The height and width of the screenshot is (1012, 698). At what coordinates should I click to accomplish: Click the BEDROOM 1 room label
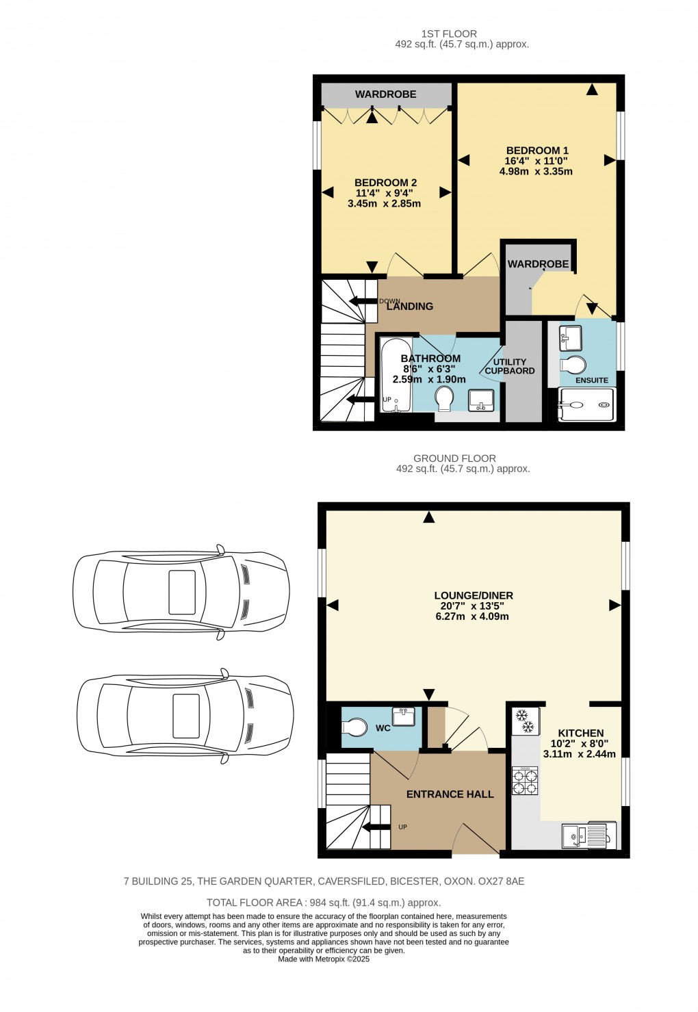537,151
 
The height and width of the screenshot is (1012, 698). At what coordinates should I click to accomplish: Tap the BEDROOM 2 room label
385,183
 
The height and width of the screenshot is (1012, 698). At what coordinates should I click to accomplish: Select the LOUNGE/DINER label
474,595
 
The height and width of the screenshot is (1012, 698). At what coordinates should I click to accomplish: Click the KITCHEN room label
580,733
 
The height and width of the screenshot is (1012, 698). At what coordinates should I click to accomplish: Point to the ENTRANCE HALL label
450,794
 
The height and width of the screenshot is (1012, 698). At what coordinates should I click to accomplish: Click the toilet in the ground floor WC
356,726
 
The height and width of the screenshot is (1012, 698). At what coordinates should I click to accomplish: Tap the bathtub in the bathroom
395,376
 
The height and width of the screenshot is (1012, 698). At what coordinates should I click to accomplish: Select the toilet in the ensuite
573,364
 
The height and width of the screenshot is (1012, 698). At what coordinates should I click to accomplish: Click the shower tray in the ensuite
586,404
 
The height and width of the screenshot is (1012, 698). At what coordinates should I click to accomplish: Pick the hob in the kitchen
525,781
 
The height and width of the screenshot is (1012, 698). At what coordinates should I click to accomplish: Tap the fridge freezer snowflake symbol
525,721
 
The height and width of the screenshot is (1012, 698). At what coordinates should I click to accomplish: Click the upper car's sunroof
182,591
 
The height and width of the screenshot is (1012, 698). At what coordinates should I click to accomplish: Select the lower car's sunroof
186,716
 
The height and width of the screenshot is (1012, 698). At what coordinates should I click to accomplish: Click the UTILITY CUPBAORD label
510,367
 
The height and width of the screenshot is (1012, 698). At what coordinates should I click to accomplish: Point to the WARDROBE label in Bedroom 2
385,94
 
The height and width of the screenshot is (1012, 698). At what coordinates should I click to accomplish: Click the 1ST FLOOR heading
449,34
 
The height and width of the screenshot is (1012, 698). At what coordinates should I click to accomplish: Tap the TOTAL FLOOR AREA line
323,903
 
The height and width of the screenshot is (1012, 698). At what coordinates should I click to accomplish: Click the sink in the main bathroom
481,400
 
